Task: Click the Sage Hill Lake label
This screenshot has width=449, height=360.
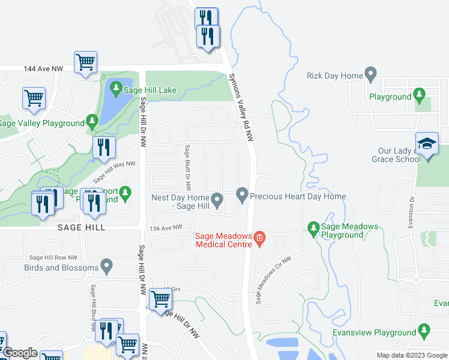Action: [x=150, y=90]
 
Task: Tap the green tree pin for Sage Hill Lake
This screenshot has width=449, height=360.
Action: [x=116, y=90]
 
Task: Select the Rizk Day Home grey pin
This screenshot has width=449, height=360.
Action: [x=370, y=76]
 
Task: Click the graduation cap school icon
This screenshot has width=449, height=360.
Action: [x=427, y=144]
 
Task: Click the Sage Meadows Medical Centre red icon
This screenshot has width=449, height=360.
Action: [x=259, y=238]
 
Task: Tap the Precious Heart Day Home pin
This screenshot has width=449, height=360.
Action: [x=242, y=195]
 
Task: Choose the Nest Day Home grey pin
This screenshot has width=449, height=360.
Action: [x=217, y=198]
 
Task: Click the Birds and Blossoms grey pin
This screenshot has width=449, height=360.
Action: [x=107, y=264]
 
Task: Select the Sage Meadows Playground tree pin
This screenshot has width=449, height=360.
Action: [x=313, y=228]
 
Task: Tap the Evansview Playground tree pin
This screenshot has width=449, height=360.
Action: [x=424, y=331]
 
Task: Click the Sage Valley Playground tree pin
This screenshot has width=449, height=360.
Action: [x=92, y=122]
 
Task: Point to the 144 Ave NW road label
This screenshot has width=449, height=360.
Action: [x=43, y=70]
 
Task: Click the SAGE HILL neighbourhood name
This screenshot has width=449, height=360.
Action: [x=81, y=227]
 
